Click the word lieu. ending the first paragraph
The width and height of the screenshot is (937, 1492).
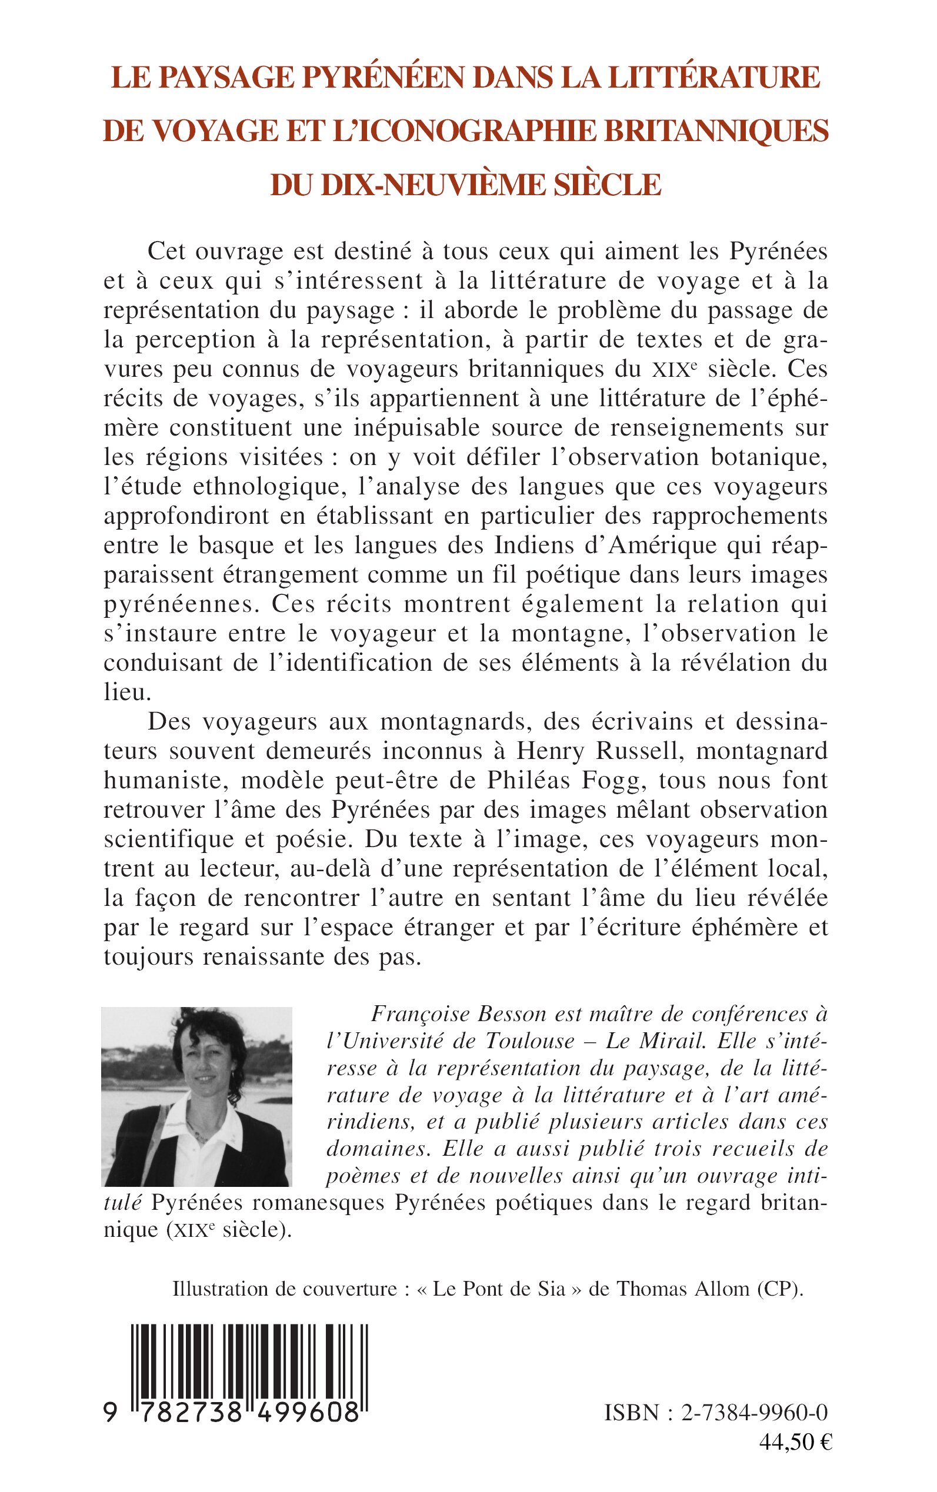(x=128, y=692)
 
